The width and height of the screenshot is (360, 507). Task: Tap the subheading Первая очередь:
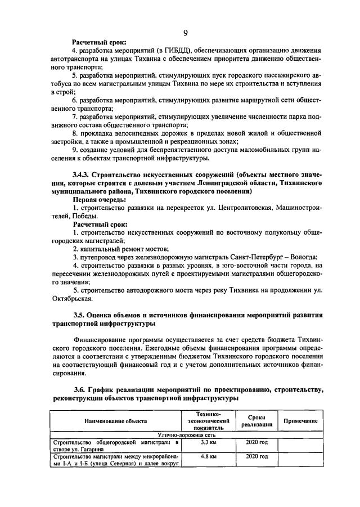(x=99, y=199)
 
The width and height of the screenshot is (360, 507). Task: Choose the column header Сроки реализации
(x=256, y=420)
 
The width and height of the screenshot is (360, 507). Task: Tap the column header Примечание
(x=299, y=420)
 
